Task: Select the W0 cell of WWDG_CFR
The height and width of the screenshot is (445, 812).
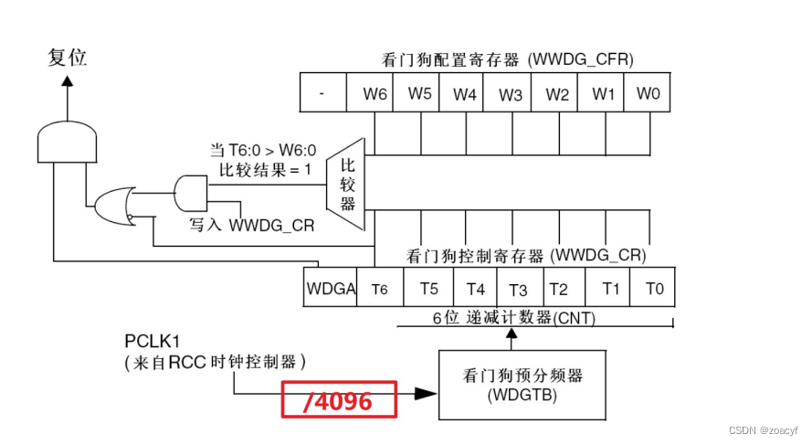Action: [648, 94]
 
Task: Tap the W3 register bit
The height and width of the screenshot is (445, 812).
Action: [511, 94]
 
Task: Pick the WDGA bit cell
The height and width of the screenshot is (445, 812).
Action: [330, 289]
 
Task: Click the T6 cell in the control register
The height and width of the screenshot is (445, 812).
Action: [380, 289]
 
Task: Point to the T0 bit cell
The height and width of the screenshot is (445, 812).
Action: [654, 289]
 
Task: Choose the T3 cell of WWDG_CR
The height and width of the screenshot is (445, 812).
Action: [518, 290]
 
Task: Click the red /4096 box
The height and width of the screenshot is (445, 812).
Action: [339, 400]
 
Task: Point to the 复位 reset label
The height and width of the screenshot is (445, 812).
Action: [67, 57]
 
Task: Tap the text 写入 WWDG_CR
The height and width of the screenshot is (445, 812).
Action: [251, 224]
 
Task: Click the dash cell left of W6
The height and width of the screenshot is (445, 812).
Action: [323, 94]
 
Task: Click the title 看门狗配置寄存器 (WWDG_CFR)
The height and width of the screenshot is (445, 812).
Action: [507, 61]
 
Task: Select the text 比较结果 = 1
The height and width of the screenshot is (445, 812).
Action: [264, 169]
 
